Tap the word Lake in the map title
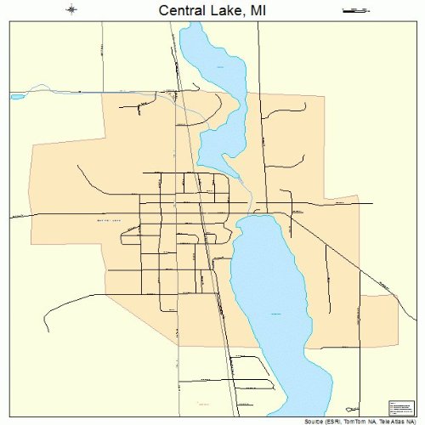[229, 11]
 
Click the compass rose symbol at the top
[71, 10]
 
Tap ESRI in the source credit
[331, 420]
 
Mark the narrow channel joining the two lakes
[248, 204]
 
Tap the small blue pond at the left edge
[16, 96]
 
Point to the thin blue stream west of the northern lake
[102, 88]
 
